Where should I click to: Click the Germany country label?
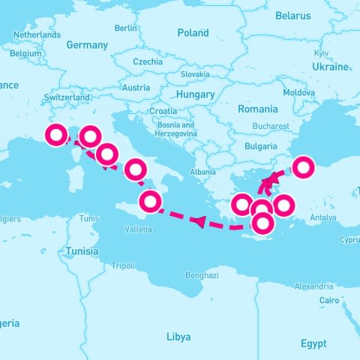pyautogui.click(x=87, y=45)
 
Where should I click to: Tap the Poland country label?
pyautogui.click(x=193, y=33)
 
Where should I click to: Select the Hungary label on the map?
pyautogui.click(x=194, y=94)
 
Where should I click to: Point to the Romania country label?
pyautogui.click(x=257, y=109)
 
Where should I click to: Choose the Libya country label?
pyautogui.click(x=178, y=336)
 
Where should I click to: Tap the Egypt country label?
pyautogui.click(x=313, y=343)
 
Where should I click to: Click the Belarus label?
pyautogui.click(x=292, y=15)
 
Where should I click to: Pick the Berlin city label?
pyautogui.click(x=126, y=28)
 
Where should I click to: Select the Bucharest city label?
pyautogui.click(x=271, y=126)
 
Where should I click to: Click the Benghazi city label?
pyautogui.click(x=201, y=274)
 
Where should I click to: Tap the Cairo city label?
pyautogui.click(x=329, y=300)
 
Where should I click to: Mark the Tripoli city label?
pyautogui.click(x=123, y=265)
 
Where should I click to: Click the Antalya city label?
pyautogui.click(x=322, y=218)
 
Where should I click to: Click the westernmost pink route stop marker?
pyautogui.click(x=56, y=136)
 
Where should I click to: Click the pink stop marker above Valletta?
pyautogui.click(x=151, y=202)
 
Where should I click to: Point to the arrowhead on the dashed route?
pyautogui.click(x=198, y=220)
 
